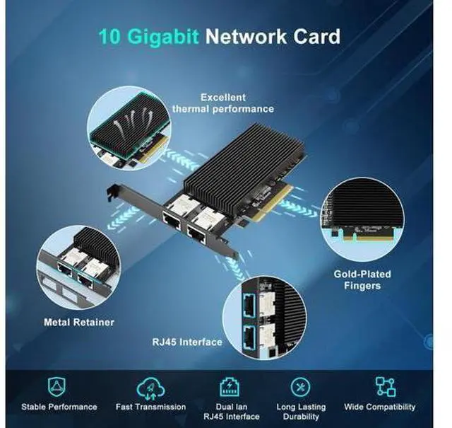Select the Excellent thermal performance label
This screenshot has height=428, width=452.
click(x=222, y=103)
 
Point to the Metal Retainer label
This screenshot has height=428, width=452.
click(x=78, y=322)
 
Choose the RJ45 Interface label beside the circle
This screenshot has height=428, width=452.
click(x=186, y=342)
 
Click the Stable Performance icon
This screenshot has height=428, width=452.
click(x=59, y=386)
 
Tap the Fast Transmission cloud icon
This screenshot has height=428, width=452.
click(x=150, y=386)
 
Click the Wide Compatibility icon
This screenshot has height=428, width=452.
click(x=385, y=386)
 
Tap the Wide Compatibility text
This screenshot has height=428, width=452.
click(x=380, y=407)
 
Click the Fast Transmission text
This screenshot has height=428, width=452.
click(x=150, y=407)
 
